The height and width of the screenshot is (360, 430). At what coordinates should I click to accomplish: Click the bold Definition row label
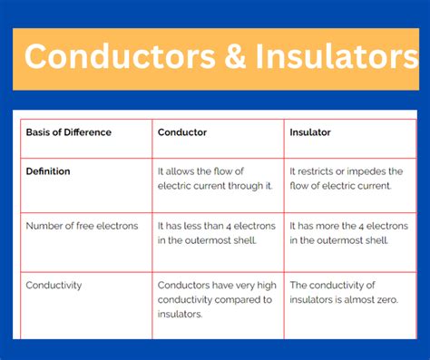click(x=48, y=170)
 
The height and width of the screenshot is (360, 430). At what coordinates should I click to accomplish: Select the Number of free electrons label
click(x=82, y=226)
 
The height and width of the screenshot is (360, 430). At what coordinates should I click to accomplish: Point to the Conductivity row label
click(x=54, y=285)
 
